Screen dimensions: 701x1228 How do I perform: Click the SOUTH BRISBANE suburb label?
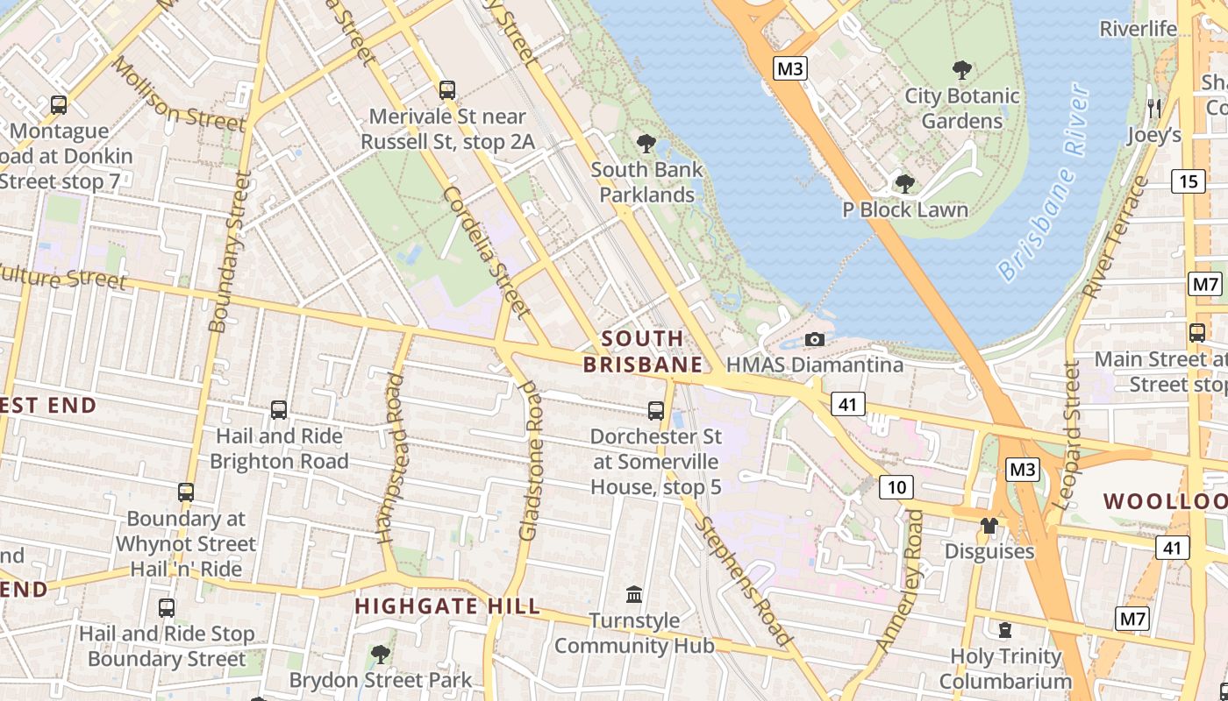[x=643, y=351]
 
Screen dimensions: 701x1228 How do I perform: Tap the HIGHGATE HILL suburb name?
[x=446, y=606]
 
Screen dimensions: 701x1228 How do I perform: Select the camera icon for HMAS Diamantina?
[x=815, y=339]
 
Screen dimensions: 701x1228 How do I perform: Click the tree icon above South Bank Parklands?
[x=646, y=143]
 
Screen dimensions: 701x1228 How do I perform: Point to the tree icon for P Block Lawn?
[x=904, y=184]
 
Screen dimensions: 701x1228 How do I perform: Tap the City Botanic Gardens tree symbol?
[x=962, y=70]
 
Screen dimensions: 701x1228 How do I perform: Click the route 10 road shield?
[x=896, y=487]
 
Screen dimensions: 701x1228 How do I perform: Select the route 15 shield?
[x=1188, y=181]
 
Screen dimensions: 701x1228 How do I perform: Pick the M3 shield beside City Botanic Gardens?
[x=789, y=68]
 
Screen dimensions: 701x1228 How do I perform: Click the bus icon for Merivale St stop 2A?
[x=446, y=89]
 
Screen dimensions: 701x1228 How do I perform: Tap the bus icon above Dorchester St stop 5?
[x=655, y=410]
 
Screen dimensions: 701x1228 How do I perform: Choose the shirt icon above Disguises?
[x=989, y=525]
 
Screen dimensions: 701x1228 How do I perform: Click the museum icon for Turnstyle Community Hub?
[x=634, y=595]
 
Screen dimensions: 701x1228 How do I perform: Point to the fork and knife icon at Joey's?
[x=1154, y=109]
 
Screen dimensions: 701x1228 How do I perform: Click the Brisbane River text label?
[x=1043, y=184]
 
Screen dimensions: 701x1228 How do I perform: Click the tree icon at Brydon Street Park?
[x=380, y=654]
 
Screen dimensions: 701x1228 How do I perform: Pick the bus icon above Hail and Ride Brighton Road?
[x=279, y=409]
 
